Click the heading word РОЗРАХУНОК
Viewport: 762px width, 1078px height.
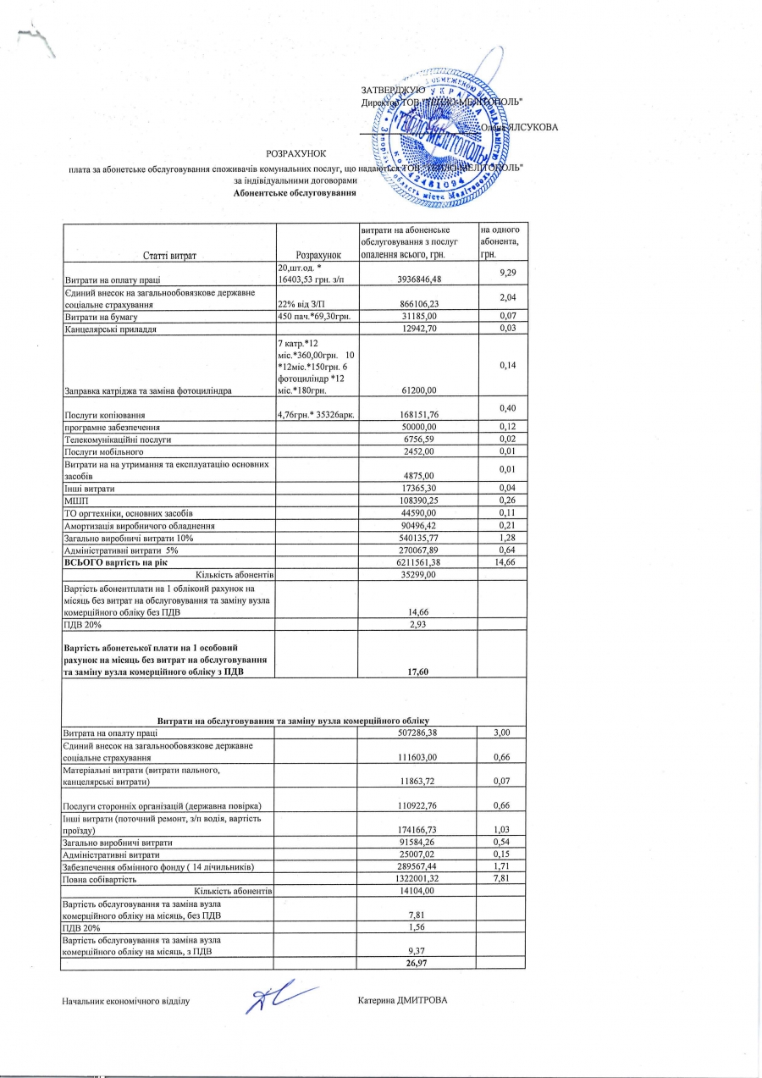coord(290,152)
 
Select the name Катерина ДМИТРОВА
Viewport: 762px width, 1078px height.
coord(402,1000)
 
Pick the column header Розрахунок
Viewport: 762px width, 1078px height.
coord(317,254)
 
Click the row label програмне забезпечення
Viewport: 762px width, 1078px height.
coord(107,428)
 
